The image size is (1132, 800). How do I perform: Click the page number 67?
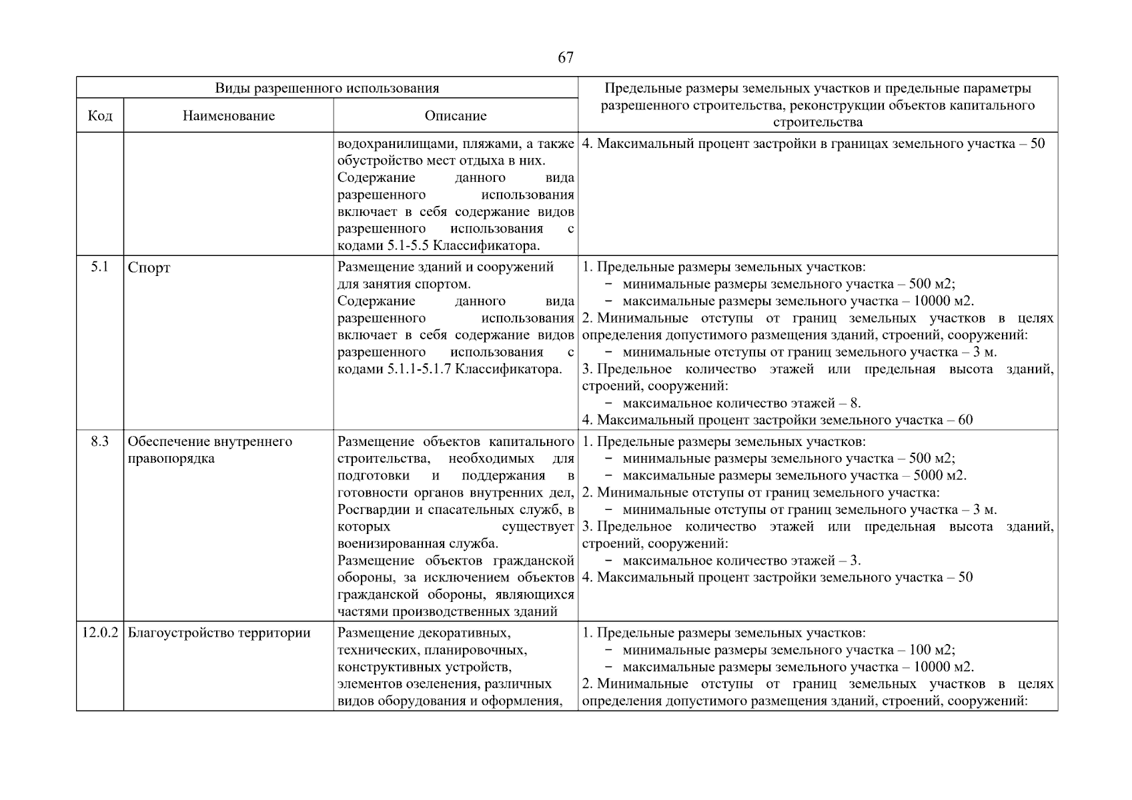[565, 58]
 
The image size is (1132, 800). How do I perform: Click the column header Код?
[100, 116]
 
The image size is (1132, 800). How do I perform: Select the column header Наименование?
[229, 116]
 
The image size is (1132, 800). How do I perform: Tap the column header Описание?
[456, 116]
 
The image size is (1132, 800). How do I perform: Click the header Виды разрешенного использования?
[327, 88]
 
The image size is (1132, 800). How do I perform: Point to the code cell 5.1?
[99, 267]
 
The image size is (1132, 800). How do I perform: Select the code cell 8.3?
[99, 441]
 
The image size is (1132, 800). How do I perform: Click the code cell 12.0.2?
[100, 633]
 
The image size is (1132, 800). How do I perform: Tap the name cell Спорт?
[149, 268]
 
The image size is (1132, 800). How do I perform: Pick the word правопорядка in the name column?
[171, 459]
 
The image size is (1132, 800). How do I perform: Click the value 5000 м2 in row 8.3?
[938, 476]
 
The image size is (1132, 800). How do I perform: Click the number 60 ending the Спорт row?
[965, 420]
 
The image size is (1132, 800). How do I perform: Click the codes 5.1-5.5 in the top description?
[408, 246]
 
